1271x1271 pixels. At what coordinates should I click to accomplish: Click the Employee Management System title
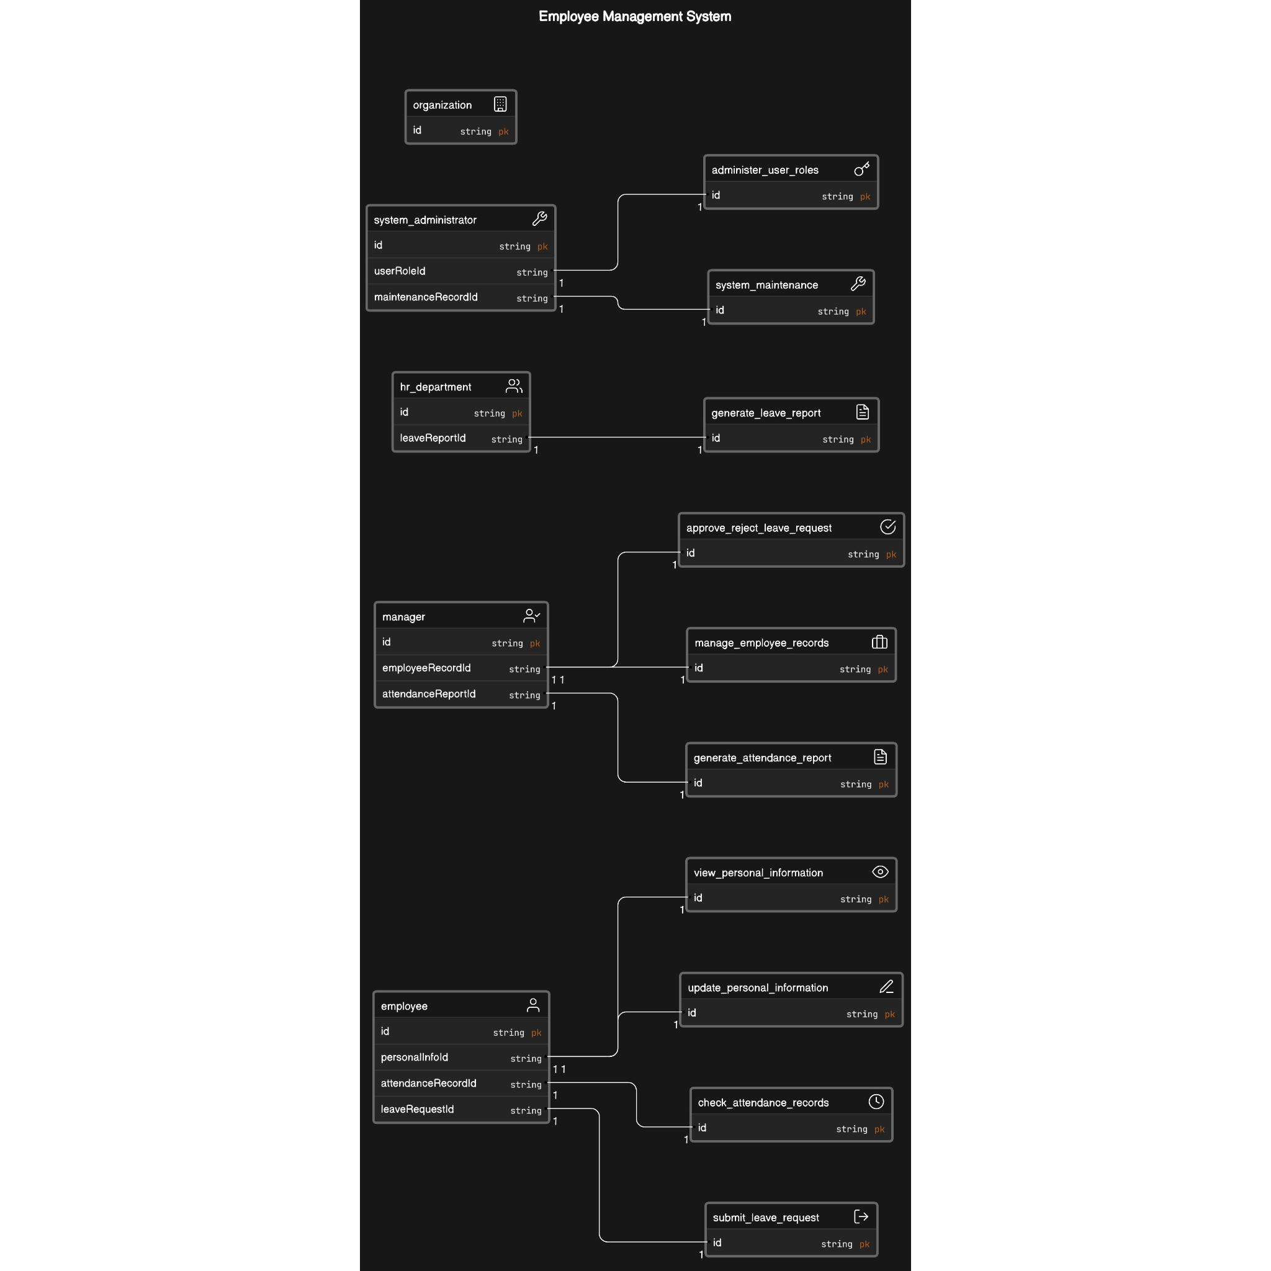coord(634,17)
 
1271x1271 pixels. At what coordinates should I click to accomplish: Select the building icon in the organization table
coord(500,104)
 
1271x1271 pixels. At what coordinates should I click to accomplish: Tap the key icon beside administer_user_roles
coord(861,169)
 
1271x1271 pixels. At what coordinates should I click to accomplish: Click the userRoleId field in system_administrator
coord(399,271)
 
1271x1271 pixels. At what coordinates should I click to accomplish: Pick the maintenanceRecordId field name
coord(426,297)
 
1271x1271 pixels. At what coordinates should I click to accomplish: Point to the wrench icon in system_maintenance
coord(857,284)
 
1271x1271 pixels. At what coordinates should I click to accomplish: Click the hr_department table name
coord(435,387)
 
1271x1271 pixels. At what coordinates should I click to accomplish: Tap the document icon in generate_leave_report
coord(862,412)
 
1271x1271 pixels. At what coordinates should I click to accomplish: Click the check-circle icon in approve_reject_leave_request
coord(887,527)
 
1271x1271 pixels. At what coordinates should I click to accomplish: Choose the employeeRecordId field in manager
coord(426,668)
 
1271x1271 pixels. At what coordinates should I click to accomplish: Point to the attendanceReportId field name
coord(428,694)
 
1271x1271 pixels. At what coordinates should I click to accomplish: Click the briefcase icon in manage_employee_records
coord(879,642)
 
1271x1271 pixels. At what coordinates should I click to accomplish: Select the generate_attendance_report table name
coord(762,758)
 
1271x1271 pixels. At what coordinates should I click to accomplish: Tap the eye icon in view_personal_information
coord(879,872)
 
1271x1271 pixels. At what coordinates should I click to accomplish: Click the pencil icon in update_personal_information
coord(886,987)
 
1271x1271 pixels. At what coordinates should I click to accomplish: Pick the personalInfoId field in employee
coord(414,1057)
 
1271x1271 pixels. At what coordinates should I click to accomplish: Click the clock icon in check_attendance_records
coord(876,1102)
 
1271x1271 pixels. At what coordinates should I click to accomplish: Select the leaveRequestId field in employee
coord(416,1109)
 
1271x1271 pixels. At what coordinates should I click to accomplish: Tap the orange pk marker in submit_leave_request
coord(864,1244)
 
